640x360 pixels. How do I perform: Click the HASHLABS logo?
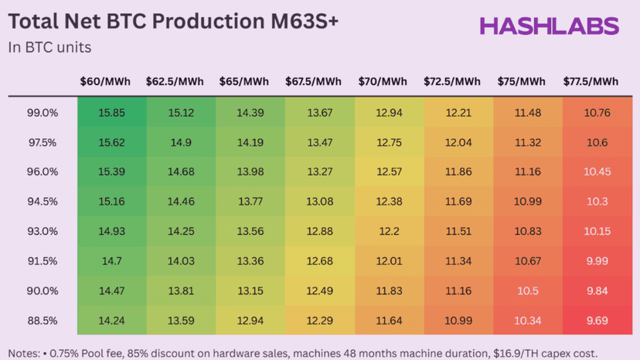(x=550, y=26)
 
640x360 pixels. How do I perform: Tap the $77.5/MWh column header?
(x=591, y=82)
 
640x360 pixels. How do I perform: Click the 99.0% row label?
(x=43, y=113)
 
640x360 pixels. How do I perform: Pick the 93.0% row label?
(x=43, y=231)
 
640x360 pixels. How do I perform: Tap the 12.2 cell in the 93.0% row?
(x=389, y=231)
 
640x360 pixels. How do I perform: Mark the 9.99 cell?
(x=597, y=260)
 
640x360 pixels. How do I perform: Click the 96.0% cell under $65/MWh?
(x=250, y=172)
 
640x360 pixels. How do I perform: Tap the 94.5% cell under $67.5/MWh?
(x=320, y=202)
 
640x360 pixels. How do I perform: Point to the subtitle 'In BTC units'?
(x=50, y=48)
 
